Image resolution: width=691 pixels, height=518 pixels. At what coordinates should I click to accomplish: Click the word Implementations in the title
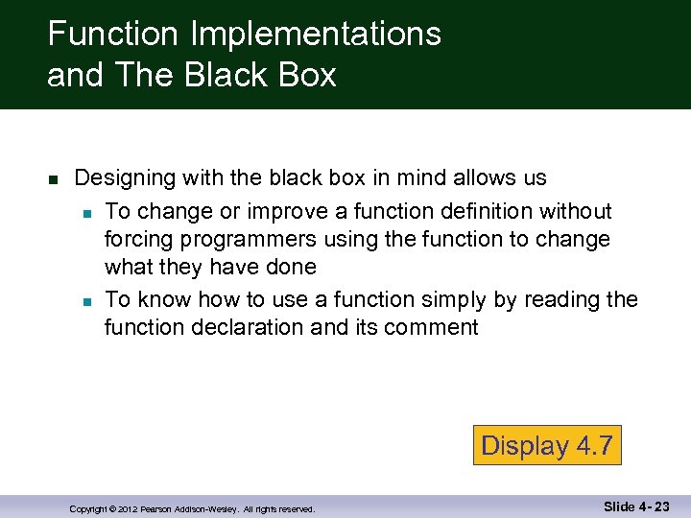(x=316, y=35)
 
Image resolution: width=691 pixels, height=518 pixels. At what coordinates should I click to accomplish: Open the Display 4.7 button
(x=547, y=445)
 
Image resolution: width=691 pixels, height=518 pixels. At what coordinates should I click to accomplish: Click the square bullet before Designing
(x=53, y=180)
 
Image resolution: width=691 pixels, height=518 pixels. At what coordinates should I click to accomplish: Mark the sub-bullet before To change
(x=86, y=212)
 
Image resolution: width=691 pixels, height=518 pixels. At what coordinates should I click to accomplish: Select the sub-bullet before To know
(x=86, y=301)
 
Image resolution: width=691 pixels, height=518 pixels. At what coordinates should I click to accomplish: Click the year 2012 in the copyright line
(x=128, y=509)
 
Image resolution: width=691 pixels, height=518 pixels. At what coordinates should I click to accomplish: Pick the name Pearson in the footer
(x=159, y=509)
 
